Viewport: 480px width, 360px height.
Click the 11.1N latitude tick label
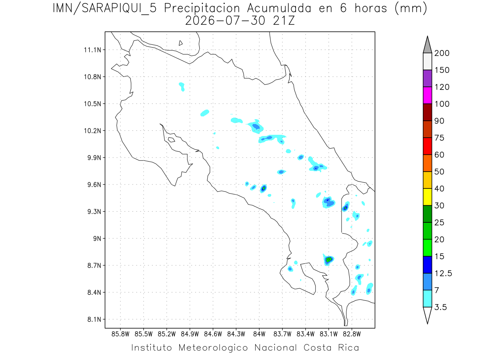92,50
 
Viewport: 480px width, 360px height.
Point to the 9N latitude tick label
97,238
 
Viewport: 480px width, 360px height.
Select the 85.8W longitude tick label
120,334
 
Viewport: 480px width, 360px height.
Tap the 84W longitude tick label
259,334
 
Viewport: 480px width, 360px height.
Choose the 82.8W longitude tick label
352,334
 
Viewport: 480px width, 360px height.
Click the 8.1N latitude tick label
94,319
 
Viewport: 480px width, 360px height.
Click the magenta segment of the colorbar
427,95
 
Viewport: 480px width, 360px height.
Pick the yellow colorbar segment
427,197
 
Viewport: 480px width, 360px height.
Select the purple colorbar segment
427,78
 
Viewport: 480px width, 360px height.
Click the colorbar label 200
442,53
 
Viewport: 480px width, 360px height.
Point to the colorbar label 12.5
443,273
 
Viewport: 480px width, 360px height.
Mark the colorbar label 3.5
440,307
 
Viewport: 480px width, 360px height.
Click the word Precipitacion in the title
202,8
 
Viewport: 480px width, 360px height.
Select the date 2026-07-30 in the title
225,21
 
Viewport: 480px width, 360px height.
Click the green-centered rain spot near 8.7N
328,260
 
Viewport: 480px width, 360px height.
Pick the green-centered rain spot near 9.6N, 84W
264,188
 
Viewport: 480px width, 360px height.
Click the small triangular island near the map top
180,43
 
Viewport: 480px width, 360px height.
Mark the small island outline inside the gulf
172,140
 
